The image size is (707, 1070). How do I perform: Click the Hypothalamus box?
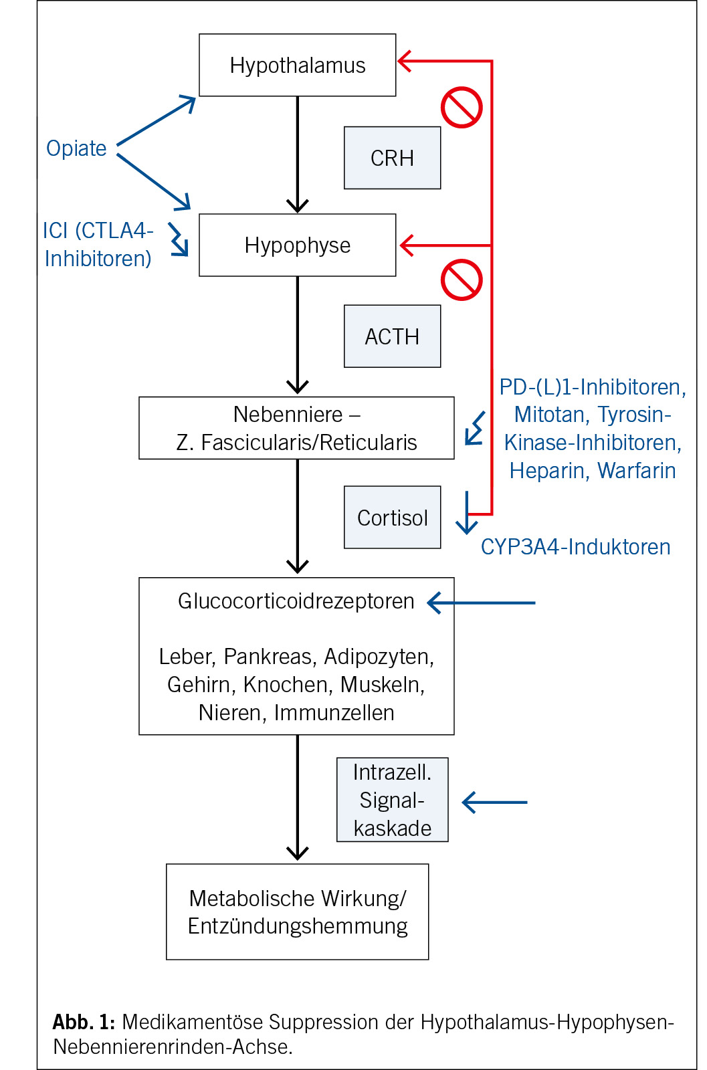(297, 65)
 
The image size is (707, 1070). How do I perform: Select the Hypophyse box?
(297, 245)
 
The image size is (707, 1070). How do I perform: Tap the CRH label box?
(392, 158)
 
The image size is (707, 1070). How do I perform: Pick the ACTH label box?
(392, 336)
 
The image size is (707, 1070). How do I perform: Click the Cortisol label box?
(392, 518)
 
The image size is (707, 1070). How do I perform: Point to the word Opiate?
(76, 148)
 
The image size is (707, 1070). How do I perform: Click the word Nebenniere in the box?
(288, 415)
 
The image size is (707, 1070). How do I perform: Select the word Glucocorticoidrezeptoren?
(296, 601)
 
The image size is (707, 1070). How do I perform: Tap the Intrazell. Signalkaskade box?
(392, 800)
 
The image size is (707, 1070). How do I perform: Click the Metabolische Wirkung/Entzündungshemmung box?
(297, 912)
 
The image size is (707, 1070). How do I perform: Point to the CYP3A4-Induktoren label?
(575, 547)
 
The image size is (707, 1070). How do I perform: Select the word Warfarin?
(636, 471)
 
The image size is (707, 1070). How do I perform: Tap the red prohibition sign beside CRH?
(462, 107)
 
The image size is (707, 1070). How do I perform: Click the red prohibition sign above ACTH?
(462, 280)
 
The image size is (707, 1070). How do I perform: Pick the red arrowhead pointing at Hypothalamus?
(404, 61)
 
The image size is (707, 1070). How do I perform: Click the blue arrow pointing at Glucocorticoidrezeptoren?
(482, 603)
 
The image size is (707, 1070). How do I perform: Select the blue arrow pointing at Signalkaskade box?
(495, 802)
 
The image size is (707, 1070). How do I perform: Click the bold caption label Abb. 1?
(84, 1022)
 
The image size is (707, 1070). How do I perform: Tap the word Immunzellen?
(334, 713)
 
